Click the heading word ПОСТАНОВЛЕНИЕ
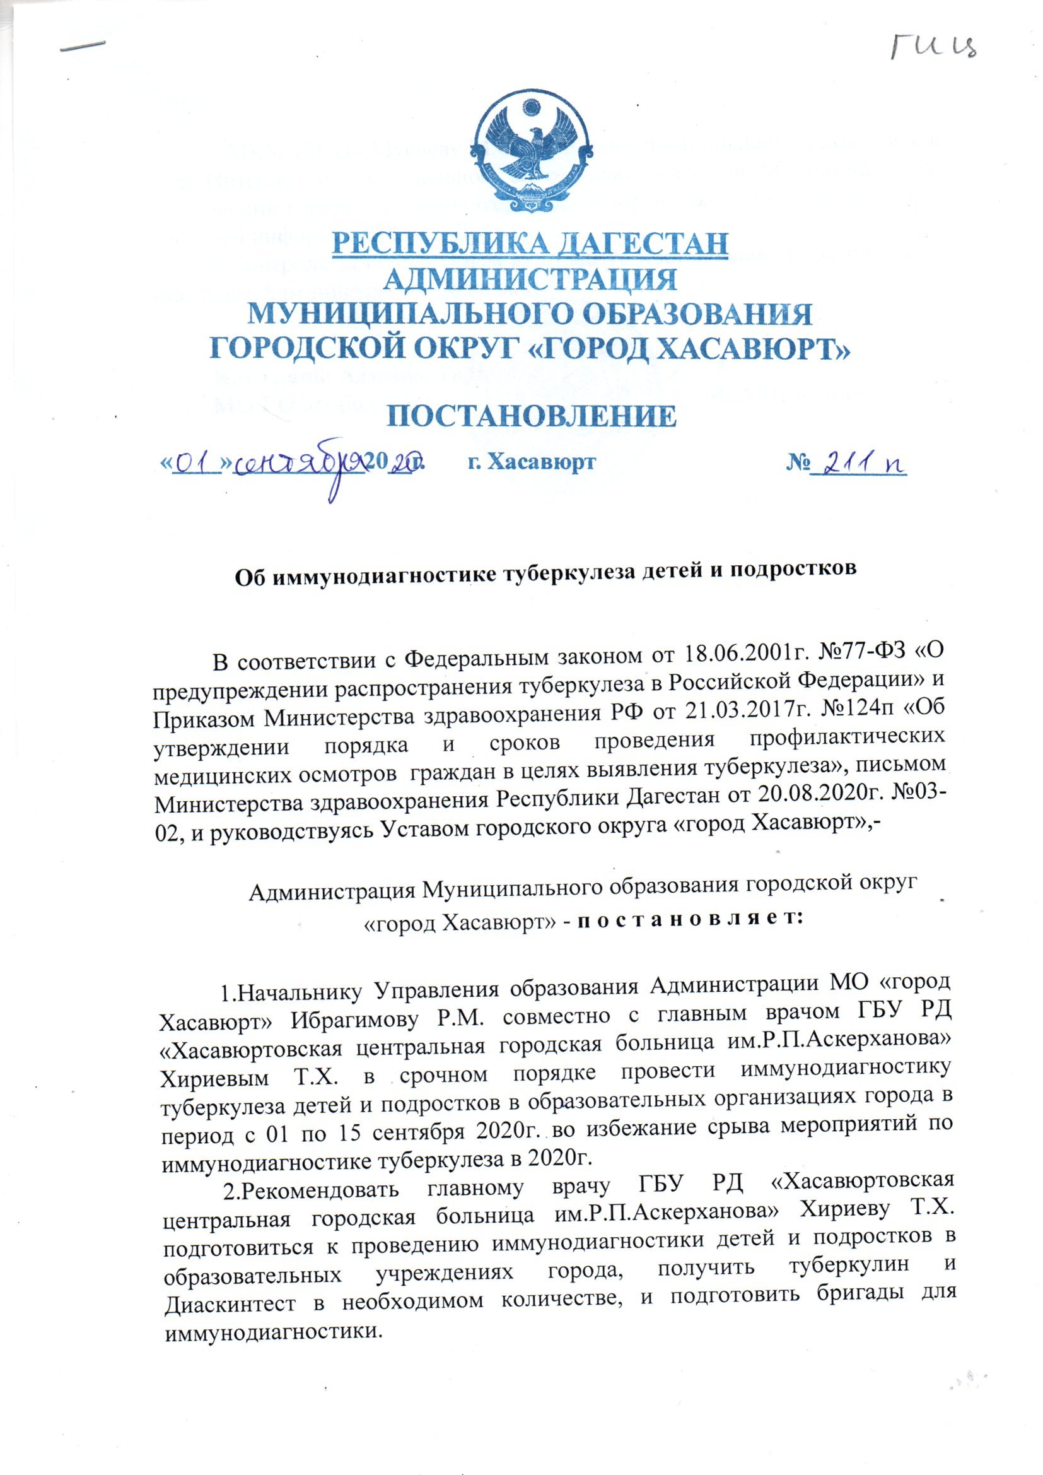point(531,417)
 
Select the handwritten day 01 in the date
point(197,465)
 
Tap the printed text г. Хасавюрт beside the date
point(530,462)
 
